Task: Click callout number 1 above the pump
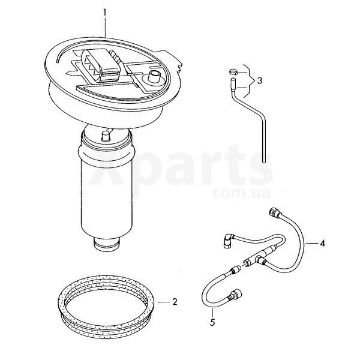pyautogui.click(x=104, y=13)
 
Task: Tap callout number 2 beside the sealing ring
pyautogui.click(x=175, y=301)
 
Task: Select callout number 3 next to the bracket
pyautogui.click(x=259, y=80)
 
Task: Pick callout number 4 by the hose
pyautogui.click(x=323, y=243)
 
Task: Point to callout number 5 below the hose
pyautogui.click(x=212, y=322)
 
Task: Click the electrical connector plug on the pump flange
pyautogui.click(x=101, y=66)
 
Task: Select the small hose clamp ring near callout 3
pyautogui.click(x=233, y=72)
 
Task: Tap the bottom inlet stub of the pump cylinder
pyautogui.click(x=106, y=245)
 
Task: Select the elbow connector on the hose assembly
pyautogui.click(x=228, y=241)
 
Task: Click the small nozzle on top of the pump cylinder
pyautogui.click(x=106, y=135)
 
